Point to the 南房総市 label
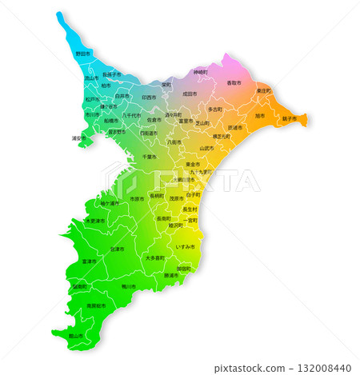pyautogui.click(x=94, y=305)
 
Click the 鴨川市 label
pyautogui.click(x=129, y=285)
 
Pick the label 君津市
pyautogui.click(x=117, y=249)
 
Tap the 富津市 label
pyautogui.click(x=89, y=261)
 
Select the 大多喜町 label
pyautogui.click(x=154, y=258)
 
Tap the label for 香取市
pyautogui.click(x=234, y=82)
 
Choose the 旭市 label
pyautogui.click(x=259, y=115)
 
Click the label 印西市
pyautogui.click(x=149, y=97)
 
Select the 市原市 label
pyautogui.click(x=138, y=198)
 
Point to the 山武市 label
pyautogui.click(x=206, y=148)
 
